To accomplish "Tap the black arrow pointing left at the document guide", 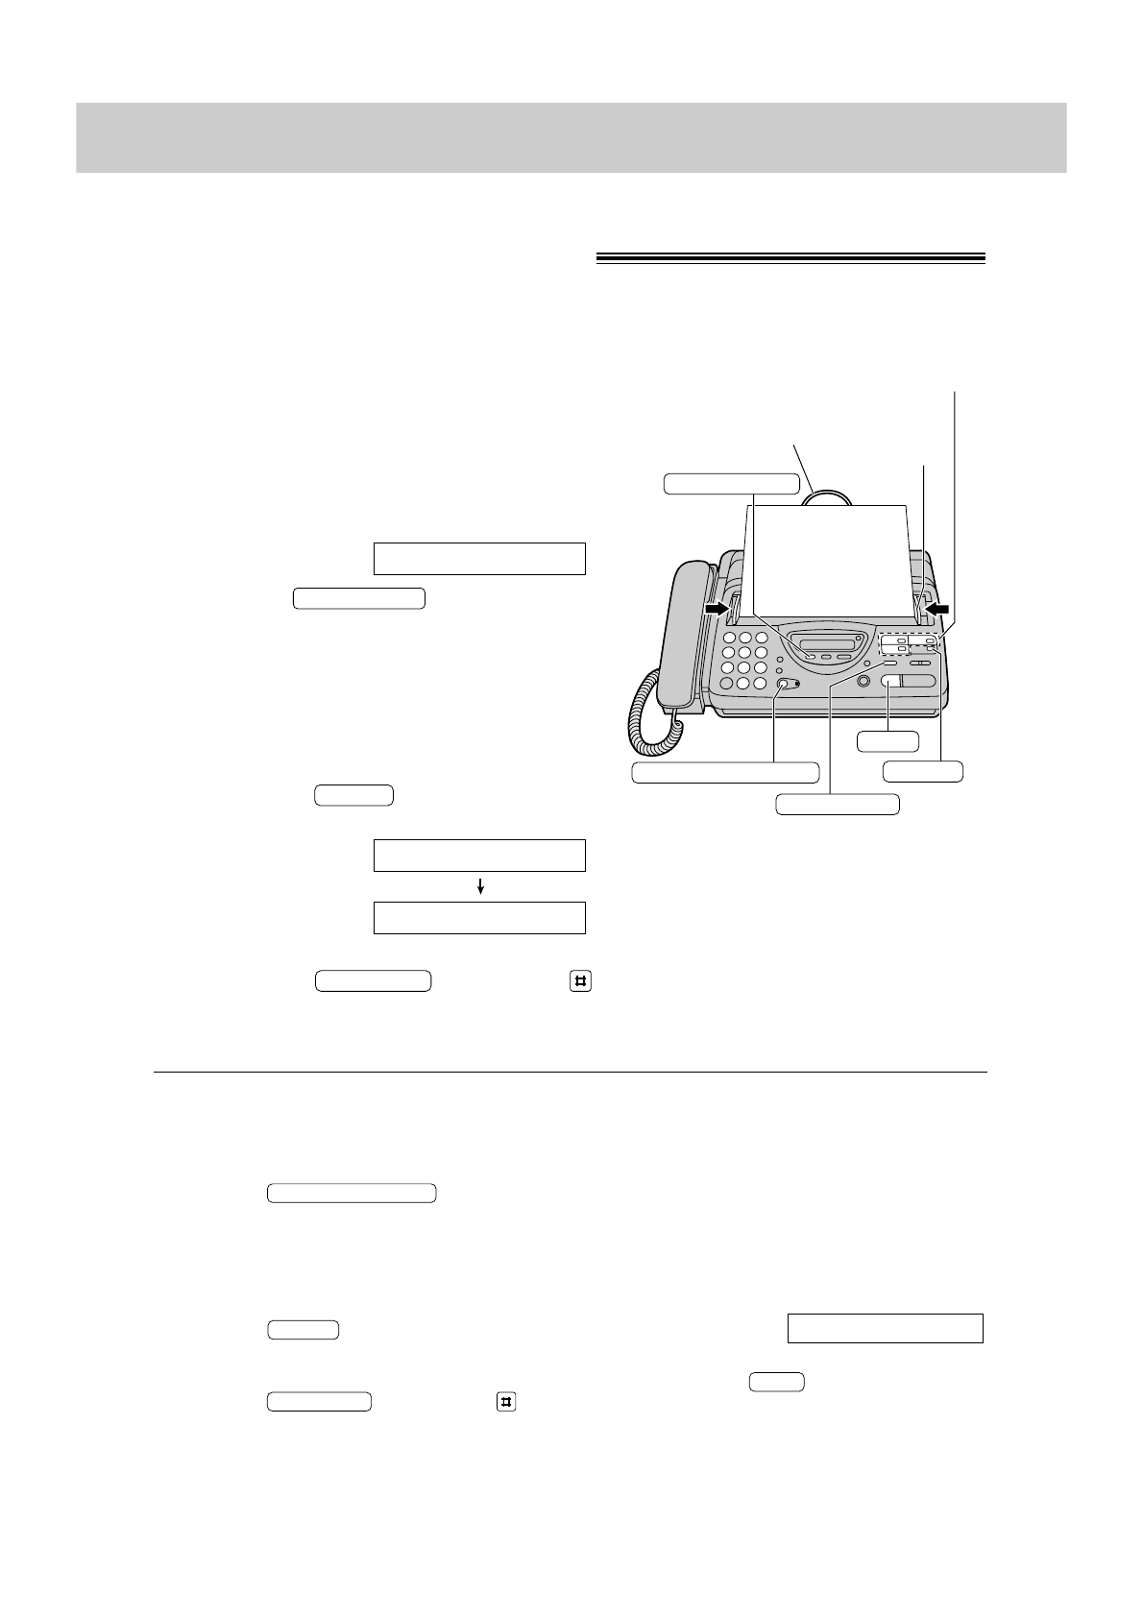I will [x=936, y=609].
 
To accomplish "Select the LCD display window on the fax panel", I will [x=825, y=643].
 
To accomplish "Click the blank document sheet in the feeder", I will [x=826, y=557].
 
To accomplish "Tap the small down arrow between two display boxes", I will [x=479, y=888].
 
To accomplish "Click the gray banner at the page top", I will [x=571, y=138].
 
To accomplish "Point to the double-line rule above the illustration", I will [x=790, y=257].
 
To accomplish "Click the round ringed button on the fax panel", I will [x=863, y=681].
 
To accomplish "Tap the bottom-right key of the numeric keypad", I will [x=761, y=684].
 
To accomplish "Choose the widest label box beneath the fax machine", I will [x=725, y=772].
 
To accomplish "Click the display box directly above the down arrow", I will [x=479, y=855].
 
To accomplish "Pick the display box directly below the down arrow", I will [x=479, y=918].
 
